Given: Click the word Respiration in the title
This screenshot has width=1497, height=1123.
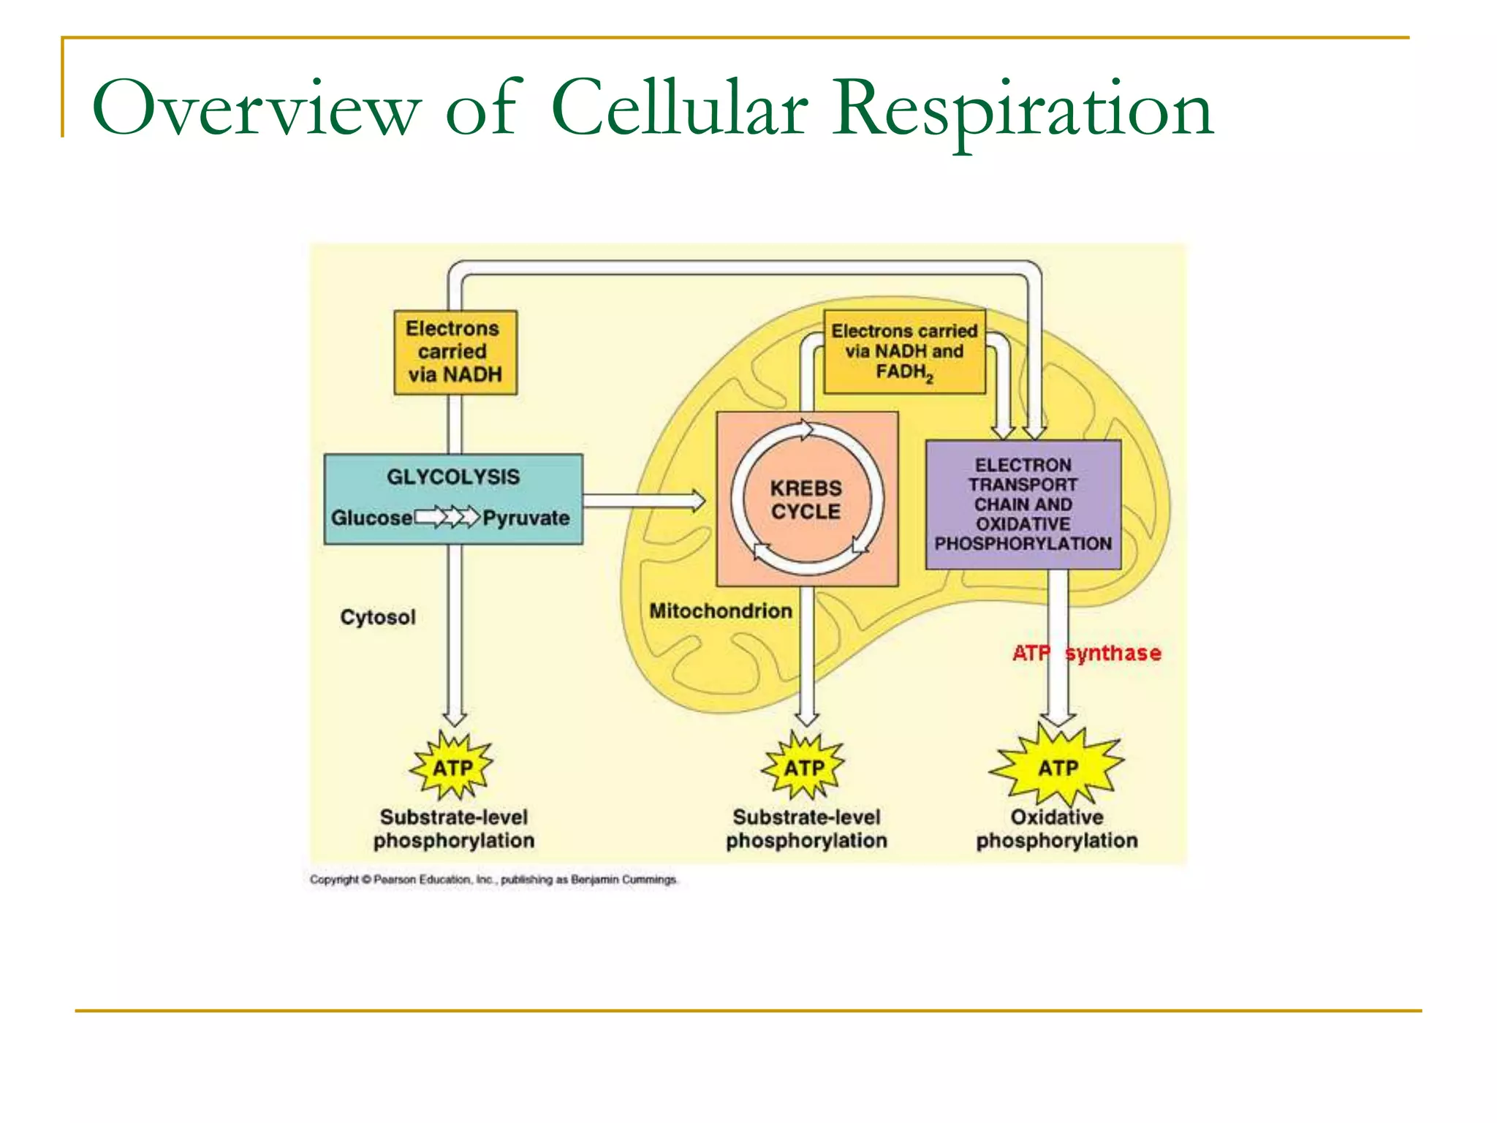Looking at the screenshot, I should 1023,110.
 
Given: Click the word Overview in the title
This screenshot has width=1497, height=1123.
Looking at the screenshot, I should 256,110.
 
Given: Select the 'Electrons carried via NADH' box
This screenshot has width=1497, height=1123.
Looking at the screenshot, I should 455,352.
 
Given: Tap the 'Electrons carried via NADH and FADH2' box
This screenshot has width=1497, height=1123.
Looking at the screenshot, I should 904,352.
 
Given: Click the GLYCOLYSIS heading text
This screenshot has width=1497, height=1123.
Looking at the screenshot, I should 453,477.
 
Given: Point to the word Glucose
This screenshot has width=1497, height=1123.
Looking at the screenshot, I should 372,518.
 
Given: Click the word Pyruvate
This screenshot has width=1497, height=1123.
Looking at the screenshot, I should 526,518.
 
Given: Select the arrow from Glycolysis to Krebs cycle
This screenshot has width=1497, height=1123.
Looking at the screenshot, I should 643,501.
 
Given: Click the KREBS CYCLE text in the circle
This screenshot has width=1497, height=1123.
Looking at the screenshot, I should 806,500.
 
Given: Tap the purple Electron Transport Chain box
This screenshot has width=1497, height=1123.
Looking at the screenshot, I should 1023,504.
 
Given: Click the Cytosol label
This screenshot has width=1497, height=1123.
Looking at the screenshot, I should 378,617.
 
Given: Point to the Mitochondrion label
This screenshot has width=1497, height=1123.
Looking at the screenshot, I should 721,610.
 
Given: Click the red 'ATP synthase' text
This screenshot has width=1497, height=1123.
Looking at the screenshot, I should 1087,653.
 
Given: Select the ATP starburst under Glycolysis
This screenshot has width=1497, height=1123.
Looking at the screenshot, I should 452,768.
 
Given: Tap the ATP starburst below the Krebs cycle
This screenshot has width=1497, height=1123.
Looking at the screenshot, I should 804,768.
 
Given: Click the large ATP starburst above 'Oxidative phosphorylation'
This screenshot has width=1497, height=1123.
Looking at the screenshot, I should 1058,768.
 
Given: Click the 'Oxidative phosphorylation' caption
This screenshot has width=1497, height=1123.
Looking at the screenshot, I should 1057,828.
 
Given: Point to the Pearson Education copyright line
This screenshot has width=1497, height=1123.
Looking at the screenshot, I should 493,880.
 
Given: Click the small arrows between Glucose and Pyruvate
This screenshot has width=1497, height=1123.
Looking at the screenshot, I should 447,518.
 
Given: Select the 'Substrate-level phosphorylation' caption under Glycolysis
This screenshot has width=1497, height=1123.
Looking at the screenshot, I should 454,828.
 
